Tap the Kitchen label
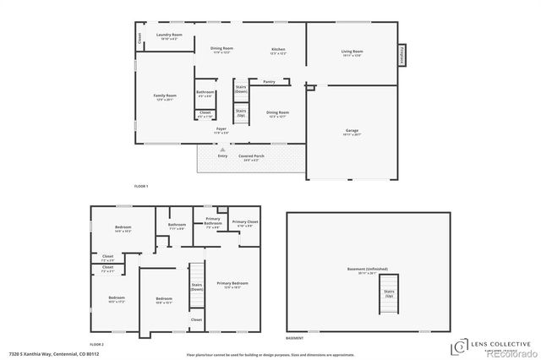(x=278, y=50)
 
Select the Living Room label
(x=352, y=52)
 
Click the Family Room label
(x=165, y=96)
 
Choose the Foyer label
(x=221, y=128)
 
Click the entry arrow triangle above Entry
(x=223, y=149)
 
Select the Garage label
(x=352, y=131)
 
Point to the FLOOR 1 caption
(x=141, y=185)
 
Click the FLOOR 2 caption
(x=97, y=344)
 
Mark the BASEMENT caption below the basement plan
(x=294, y=338)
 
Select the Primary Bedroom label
(x=232, y=283)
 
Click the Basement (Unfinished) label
(x=367, y=270)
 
